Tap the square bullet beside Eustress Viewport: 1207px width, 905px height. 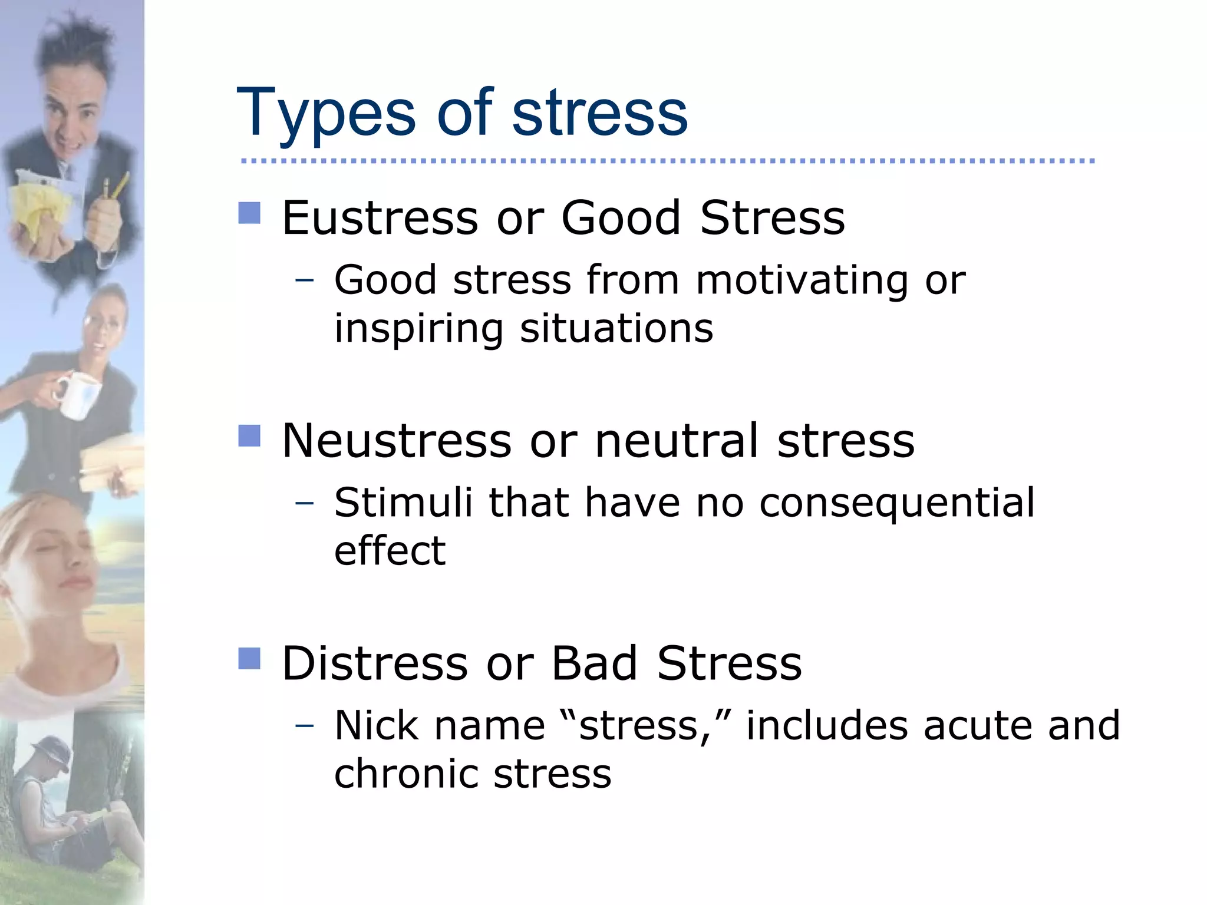[x=249, y=213]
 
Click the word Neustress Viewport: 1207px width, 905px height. [x=397, y=441]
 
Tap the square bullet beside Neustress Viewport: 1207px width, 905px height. [x=249, y=436]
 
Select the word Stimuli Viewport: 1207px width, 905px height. [x=403, y=503]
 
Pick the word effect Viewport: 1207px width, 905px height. [x=390, y=551]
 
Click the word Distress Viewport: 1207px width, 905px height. [x=375, y=663]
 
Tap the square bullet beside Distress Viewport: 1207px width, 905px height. [x=249, y=659]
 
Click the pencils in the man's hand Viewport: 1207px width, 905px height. [x=114, y=187]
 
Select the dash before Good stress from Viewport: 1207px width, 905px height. [x=304, y=280]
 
